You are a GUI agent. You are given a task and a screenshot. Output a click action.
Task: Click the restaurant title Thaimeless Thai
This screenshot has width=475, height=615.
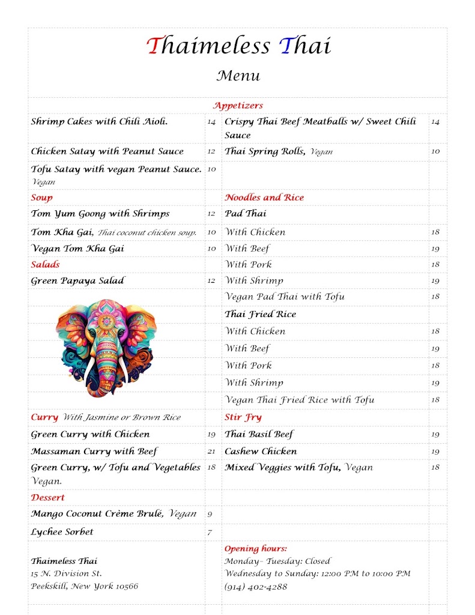point(238,46)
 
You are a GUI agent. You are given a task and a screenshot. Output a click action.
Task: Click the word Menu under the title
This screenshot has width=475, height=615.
point(238,76)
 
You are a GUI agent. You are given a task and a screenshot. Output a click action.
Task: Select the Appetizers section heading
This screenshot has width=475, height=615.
point(238,106)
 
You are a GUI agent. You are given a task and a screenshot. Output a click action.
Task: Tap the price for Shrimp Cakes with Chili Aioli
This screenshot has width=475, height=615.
point(211,122)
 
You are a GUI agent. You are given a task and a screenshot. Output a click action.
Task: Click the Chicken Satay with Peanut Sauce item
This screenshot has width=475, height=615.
point(107,151)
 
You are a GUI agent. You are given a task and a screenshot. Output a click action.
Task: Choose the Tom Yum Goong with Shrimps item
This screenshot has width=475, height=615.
point(100,214)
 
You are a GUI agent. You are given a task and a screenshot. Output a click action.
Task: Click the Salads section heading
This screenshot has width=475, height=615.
point(46,264)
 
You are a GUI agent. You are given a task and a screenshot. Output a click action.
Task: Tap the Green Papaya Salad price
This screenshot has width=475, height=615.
point(211,281)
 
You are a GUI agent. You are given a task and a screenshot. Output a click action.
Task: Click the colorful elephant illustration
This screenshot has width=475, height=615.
point(106,347)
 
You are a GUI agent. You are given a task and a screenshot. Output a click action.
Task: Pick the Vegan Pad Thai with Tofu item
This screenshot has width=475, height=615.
point(285,297)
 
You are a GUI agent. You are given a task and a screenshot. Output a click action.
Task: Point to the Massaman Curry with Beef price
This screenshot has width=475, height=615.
point(211,452)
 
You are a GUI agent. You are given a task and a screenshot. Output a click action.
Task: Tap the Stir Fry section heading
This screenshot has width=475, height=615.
point(243,417)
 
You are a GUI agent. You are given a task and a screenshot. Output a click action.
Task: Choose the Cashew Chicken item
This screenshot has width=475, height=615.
point(261,451)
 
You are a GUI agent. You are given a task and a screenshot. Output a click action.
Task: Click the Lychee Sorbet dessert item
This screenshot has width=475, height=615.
point(62,532)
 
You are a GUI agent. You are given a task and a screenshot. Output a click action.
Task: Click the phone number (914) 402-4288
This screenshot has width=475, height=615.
point(256,587)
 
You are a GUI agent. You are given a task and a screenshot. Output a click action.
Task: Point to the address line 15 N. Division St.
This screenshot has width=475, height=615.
point(67,574)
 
